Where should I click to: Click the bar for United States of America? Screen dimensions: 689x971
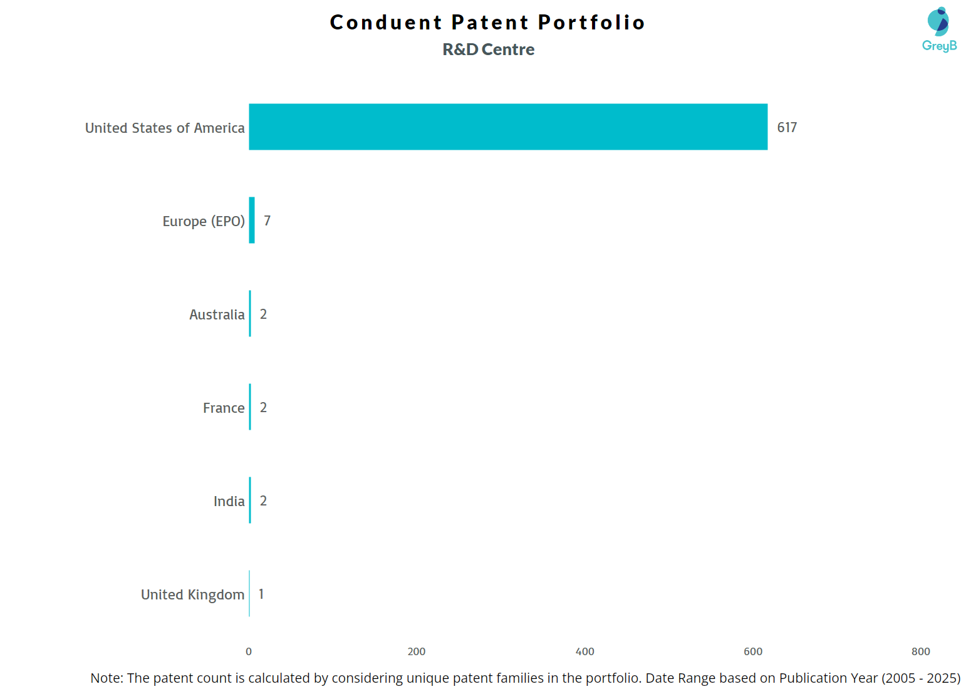(507, 127)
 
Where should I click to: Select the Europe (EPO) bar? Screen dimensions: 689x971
(252, 220)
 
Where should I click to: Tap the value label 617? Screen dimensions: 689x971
(787, 127)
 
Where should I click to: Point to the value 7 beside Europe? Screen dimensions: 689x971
(267, 220)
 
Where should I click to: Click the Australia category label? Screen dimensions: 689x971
(217, 314)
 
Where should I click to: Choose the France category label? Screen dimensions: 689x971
(224, 408)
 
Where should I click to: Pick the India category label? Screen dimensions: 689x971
(229, 501)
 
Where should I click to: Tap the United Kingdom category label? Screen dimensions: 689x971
(192, 594)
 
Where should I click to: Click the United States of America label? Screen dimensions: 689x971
(165, 128)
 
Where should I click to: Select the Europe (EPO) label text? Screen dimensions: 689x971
(204, 221)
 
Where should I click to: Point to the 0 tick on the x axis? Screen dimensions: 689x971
(249, 651)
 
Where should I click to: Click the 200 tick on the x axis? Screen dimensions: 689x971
(417, 651)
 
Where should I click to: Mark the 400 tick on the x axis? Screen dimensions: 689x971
(584, 651)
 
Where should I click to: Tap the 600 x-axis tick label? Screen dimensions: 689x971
(753, 651)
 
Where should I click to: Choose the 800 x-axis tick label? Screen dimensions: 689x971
(921, 651)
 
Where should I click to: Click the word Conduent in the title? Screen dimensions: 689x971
(386, 23)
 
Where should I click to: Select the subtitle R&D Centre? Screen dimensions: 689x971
(489, 49)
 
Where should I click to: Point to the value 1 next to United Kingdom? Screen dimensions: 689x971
(261, 594)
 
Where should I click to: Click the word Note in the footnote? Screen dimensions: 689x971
(106, 678)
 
